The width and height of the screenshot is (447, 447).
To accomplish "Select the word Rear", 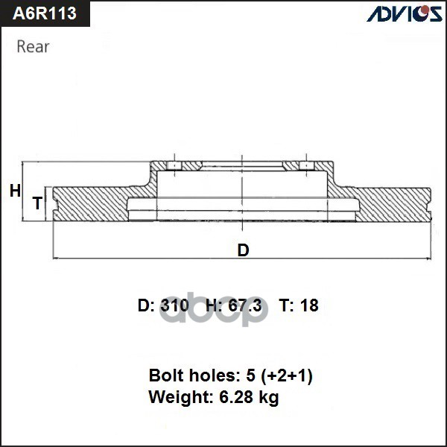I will (x=33, y=47).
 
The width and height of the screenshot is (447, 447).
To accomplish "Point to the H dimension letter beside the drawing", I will (x=15, y=191).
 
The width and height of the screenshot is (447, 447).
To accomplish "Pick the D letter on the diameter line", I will (x=243, y=250).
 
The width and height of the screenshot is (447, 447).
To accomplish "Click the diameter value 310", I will (x=174, y=305).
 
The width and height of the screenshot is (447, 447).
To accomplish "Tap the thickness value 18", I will (x=309, y=305).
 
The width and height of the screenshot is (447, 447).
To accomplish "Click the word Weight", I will (x=176, y=398).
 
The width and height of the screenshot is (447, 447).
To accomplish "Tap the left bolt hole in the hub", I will (x=173, y=165).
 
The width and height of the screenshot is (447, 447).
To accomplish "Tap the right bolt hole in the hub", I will (x=305, y=165).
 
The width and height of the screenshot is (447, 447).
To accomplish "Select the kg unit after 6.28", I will (x=268, y=399).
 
